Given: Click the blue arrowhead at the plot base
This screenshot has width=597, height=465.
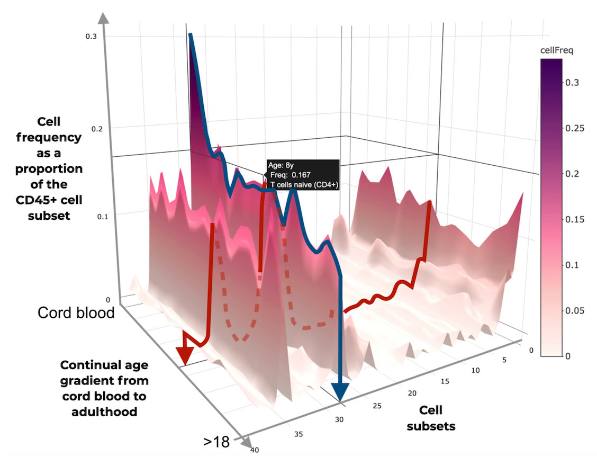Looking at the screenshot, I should [339, 391].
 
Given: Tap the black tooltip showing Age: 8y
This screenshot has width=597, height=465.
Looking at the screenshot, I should [302, 174].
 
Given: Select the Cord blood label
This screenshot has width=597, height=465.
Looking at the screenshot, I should [76, 313].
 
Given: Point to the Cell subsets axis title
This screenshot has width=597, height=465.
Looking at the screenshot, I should [431, 418].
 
